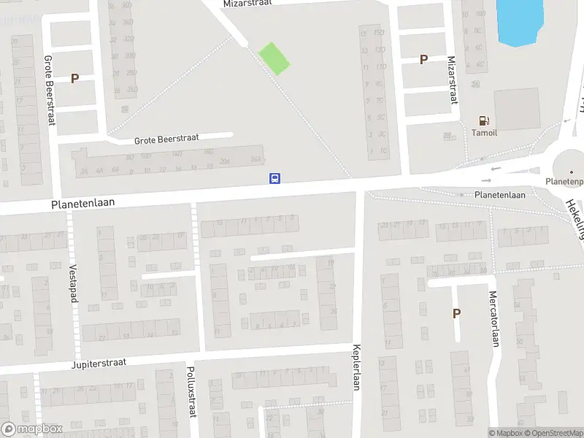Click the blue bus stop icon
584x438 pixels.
click(x=275, y=178)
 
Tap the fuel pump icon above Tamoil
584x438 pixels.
click(x=483, y=120)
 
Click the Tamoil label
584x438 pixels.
click(x=483, y=133)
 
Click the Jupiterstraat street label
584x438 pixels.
click(x=99, y=363)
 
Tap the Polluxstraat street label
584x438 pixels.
click(x=191, y=392)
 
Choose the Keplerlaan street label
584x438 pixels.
click(x=357, y=367)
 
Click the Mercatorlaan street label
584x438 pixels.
click(x=493, y=320)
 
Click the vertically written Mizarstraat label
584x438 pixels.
click(x=452, y=81)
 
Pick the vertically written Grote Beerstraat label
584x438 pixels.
click(x=50, y=91)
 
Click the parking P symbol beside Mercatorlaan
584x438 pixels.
click(x=457, y=314)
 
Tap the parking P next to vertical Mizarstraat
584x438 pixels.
click(x=423, y=60)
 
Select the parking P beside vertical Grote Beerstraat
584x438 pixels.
click(x=74, y=79)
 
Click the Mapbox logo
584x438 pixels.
click(x=31, y=430)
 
